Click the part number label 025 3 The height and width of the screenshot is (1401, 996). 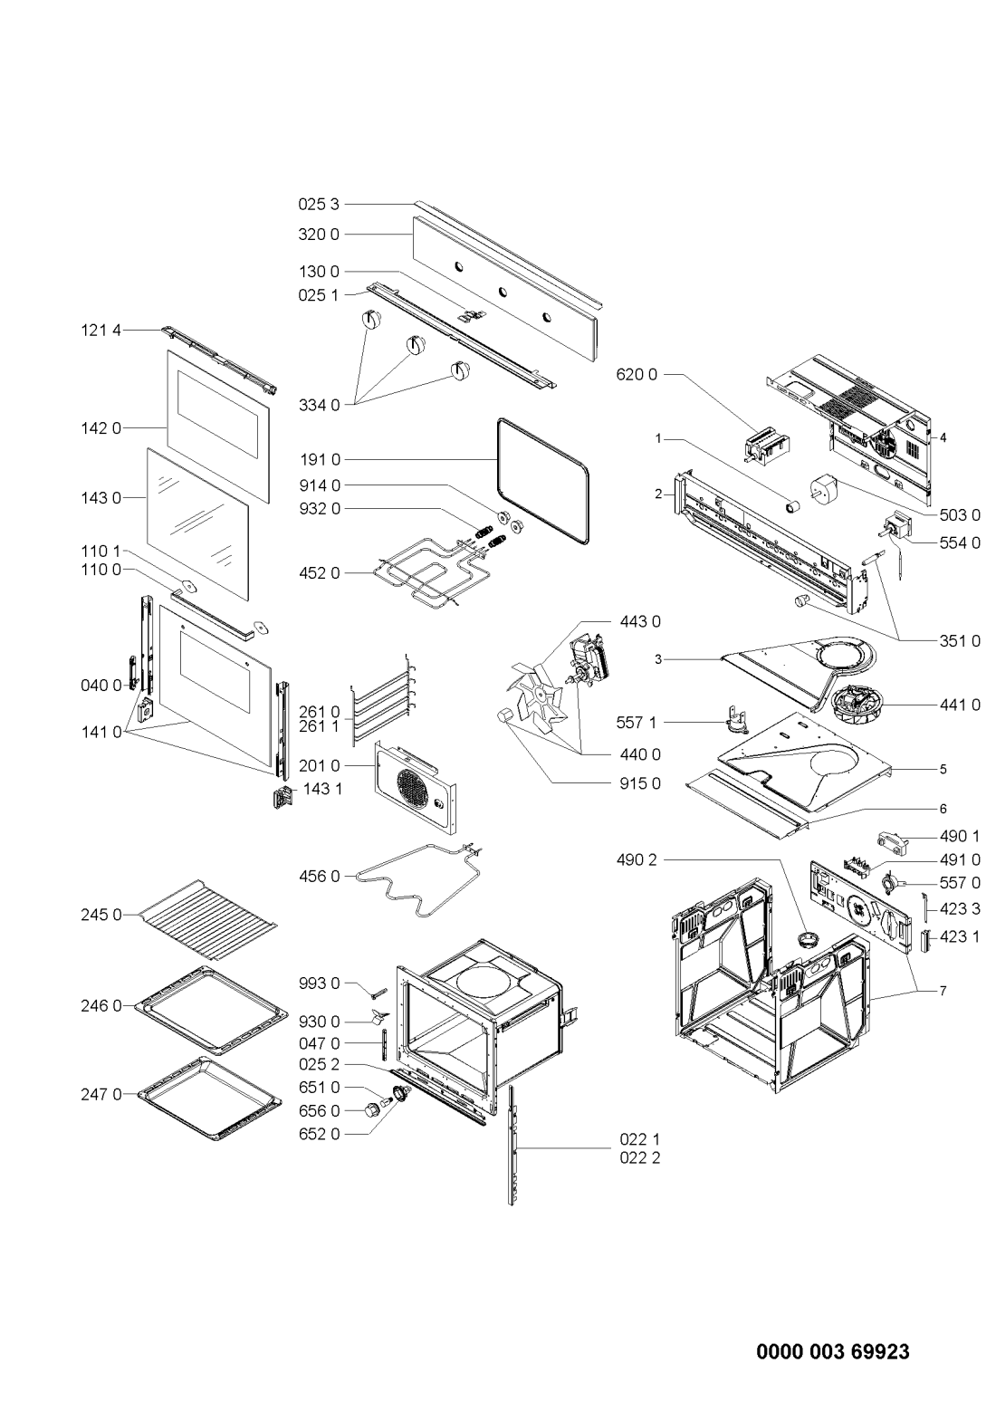[319, 205]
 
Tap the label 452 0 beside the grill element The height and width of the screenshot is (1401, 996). [320, 573]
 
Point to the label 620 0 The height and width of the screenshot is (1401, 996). [637, 375]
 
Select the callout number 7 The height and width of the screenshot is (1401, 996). [943, 991]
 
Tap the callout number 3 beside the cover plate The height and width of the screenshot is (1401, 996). [658, 659]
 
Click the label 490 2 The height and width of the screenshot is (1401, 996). [637, 860]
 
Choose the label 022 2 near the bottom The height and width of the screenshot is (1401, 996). [640, 1157]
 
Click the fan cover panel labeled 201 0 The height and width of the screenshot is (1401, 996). [416, 787]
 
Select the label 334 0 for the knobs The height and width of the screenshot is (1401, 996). [320, 406]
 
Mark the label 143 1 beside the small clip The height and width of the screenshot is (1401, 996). [322, 789]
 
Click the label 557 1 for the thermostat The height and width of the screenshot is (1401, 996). [637, 723]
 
